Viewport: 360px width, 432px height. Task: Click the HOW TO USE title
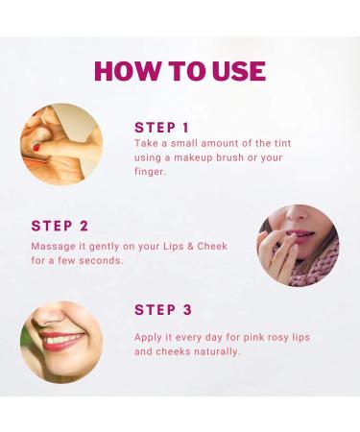click(x=180, y=70)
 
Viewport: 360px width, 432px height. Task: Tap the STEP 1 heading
click(x=162, y=127)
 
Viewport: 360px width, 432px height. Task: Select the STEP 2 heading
click(x=60, y=226)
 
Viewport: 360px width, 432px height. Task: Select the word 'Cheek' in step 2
click(x=209, y=246)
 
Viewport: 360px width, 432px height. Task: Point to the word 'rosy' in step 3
click(x=276, y=337)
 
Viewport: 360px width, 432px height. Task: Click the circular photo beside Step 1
click(x=61, y=144)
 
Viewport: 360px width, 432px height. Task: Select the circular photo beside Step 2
click(x=298, y=245)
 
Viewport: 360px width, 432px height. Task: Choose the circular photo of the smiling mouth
click(x=61, y=342)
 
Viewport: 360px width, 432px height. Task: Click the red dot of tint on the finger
click(x=36, y=148)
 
